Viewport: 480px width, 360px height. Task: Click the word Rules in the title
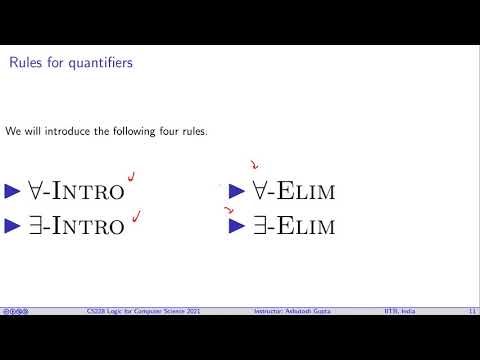25,64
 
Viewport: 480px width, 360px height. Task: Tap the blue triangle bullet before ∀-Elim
237,190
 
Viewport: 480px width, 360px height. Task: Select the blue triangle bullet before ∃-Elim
237,225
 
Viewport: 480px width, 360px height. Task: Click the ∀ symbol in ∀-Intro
34,190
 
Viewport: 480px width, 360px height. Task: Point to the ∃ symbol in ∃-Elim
258,225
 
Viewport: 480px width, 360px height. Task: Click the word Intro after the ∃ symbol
88,226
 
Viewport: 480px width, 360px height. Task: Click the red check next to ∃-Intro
135,213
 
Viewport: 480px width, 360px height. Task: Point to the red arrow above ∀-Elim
254,167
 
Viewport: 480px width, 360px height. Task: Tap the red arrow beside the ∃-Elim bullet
230,211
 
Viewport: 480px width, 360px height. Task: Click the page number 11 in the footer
471,312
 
